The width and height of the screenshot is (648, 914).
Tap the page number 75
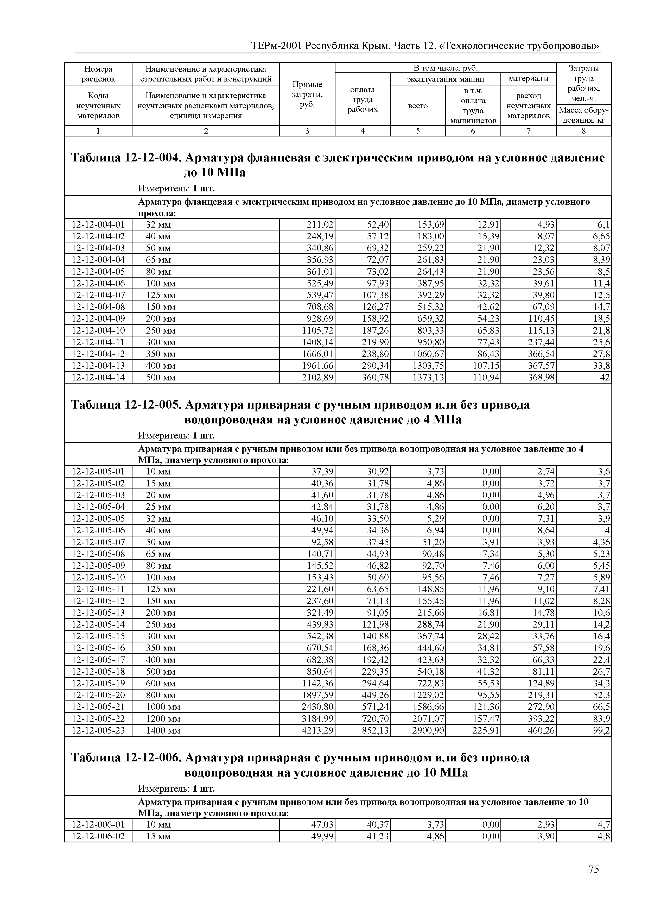coord(593,869)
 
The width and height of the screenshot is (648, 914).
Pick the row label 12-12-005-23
coord(98,730)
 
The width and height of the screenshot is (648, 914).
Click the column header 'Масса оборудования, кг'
coord(583,115)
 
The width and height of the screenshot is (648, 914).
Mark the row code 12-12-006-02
coord(98,836)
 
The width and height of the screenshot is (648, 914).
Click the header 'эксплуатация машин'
coord(445,79)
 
